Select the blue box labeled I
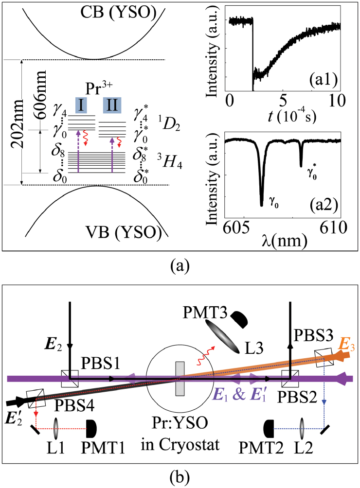pyautogui.click(x=80, y=105)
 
